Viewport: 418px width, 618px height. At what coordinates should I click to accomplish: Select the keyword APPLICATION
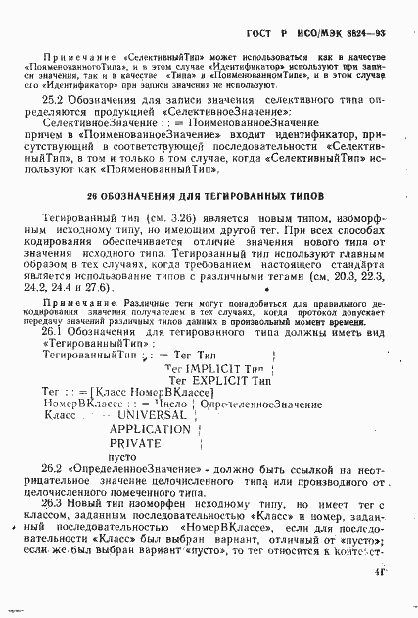click(150, 429)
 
